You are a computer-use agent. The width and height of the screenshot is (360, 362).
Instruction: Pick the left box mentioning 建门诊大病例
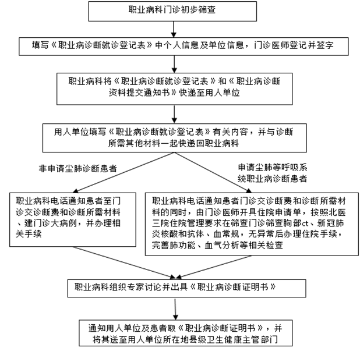[73, 214]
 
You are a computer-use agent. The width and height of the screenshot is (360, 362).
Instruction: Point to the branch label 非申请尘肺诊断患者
[77, 168]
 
